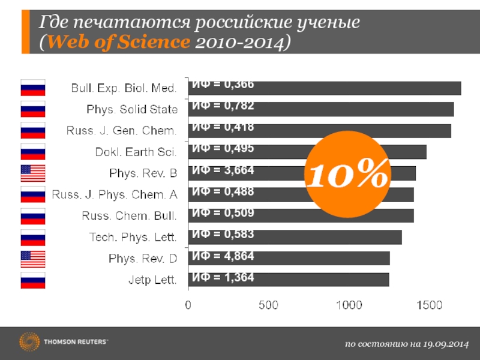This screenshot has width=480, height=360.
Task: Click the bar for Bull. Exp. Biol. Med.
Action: [x=324, y=88]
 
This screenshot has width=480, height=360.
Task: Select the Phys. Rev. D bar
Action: [x=289, y=259]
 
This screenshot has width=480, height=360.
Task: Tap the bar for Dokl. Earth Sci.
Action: [x=307, y=152]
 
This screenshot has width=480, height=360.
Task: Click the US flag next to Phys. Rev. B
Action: [x=33, y=173]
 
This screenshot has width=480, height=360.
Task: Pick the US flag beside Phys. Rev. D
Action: [x=33, y=259]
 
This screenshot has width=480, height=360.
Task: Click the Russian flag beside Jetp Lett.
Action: [x=33, y=281]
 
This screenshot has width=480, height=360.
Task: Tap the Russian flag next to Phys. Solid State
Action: [x=33, y=109]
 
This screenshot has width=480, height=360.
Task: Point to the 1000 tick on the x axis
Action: [x=349, y=305]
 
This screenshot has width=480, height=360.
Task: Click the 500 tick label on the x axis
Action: [x=268, y=305]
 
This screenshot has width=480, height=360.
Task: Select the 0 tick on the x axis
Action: [x=188, y=305]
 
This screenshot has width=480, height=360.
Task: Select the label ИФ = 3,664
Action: [x=223, y=171]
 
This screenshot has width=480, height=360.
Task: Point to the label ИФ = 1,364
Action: [x=223, y=278]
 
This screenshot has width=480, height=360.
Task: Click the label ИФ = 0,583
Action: [x=223, y=235]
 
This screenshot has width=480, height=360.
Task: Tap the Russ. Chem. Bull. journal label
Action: [x=129, y=216]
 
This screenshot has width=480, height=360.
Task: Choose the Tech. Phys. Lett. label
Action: [x=133, y=238]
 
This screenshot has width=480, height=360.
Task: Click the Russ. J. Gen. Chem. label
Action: [x=121, y=131]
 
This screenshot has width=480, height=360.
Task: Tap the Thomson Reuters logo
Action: [x=63, y=342]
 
